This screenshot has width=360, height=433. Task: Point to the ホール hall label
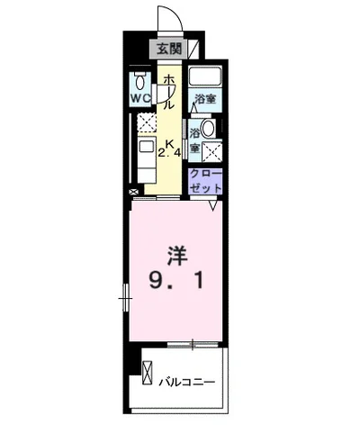tap(167, 92)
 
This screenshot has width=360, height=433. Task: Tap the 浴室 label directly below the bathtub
tap(205, 99)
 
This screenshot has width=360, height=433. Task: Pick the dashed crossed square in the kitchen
tap(146, 123)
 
